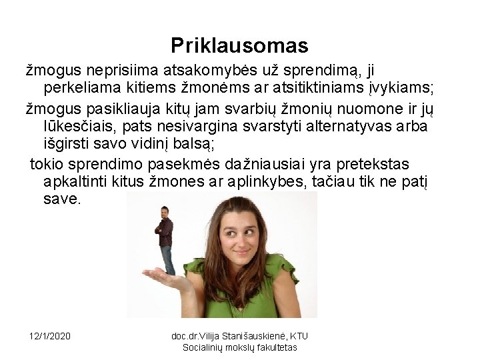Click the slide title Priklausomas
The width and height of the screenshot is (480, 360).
tap(239, 45)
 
